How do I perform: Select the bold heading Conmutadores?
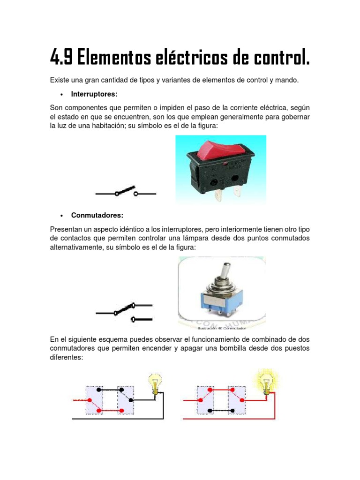point(97,215)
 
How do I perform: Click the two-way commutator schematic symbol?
point(124,312)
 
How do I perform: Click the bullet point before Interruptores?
point(61,95)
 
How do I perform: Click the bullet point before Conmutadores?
point(61,216)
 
